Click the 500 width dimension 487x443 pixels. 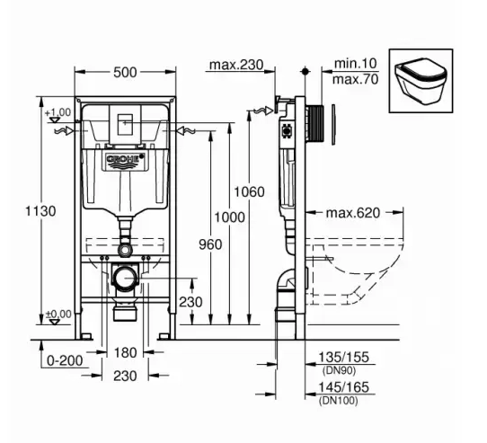pos(125,73)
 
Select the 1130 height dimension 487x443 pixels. pos(40,211)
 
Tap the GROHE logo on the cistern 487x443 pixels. pos(125,159)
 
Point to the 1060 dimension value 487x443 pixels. pos(249,191)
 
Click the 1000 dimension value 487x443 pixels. pos(229,217)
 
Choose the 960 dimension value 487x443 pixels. pos(210,244)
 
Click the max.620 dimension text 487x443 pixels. pos(353,213)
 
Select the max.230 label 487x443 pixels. pos(236,65)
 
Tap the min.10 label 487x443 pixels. pos(356,64)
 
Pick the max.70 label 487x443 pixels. pos(356,79)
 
